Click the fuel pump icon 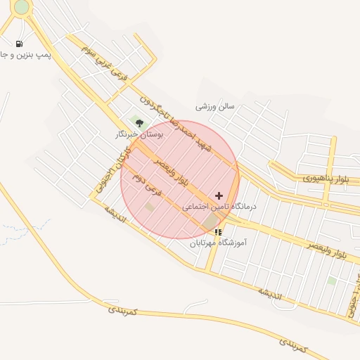pos(18,44)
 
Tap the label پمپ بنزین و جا pos(24,55)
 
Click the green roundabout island pos(21,7)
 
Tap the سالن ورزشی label pos(215,106)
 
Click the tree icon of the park pos(139,123)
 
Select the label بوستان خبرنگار pos(139,134)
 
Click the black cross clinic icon pos(219,195)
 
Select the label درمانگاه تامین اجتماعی pos(220,207)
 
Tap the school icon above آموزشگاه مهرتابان pos(219,231)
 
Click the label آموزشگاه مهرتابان pos(219,243)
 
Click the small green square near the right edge pos(331,281)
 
